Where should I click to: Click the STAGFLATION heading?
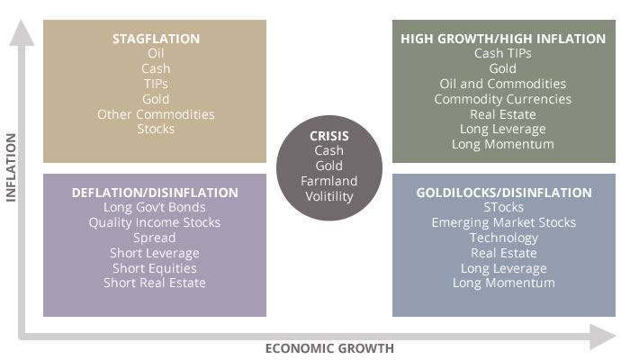click(156, 39)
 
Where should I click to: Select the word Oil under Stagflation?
click(156, 53)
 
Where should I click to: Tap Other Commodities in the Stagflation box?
click(156, 114)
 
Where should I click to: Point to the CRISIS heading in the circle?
click(329, 136)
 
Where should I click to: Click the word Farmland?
click(329, 181)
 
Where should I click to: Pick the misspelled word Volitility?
click(329, 196)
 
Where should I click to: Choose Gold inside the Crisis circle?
click(329, 166)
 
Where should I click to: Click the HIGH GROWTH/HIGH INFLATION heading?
click(503, 39)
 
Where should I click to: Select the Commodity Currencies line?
click(502, 99)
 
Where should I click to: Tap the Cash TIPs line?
click(502, 53)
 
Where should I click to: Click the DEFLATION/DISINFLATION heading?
click(155, 193)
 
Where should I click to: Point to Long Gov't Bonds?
click(155, 207)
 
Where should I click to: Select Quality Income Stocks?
click(155, 222)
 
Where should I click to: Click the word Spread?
click(155, 238)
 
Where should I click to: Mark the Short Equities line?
click(155, 268)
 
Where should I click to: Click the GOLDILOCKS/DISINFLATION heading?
click(504, 193)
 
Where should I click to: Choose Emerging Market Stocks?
click(504, 222)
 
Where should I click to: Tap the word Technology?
click(504, 238)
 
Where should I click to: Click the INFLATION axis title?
click(11, 167)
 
